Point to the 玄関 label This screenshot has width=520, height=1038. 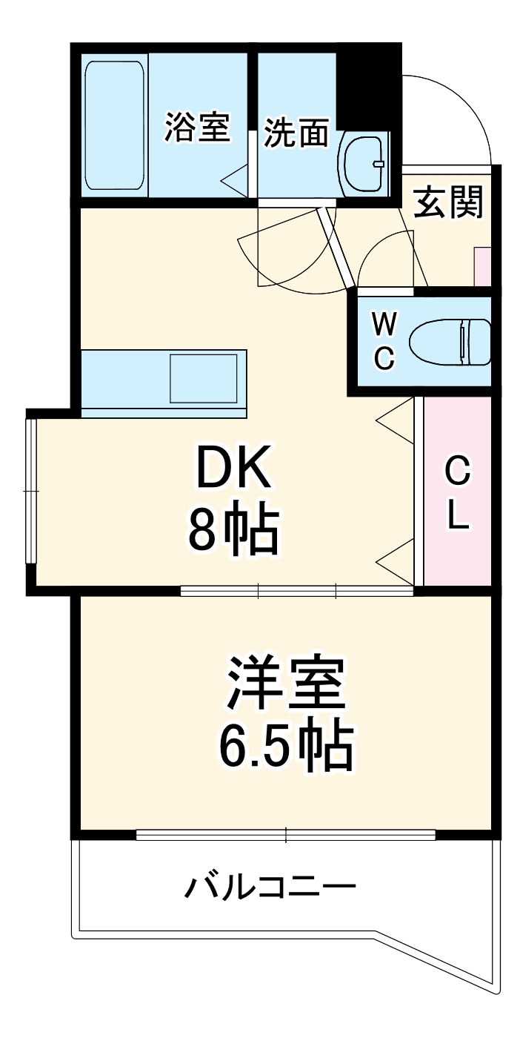(x=448, y=202)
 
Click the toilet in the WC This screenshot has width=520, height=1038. (x=453, y=342)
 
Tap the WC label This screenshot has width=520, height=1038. (x=383, y=340)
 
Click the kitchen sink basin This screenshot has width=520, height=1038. (x=204, y=378)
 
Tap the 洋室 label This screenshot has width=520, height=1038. (x=285, y=684)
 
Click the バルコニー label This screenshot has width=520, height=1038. (x=270, y=886)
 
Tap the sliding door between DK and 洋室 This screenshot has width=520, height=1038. (x=296, y=591)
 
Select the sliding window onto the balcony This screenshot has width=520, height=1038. (x=285, y=835)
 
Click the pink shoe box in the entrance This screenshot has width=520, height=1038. (x=482, y=265)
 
